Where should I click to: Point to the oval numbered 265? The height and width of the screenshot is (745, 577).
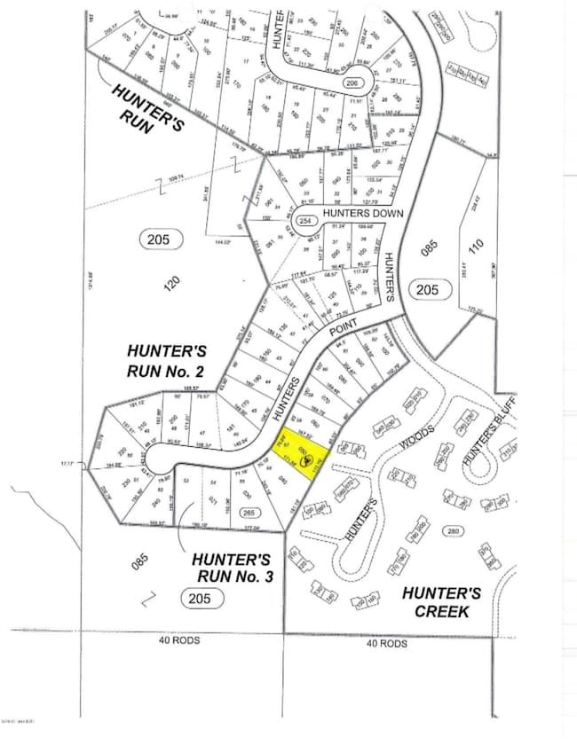[249, 512]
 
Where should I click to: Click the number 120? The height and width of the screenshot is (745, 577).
[174, 282]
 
